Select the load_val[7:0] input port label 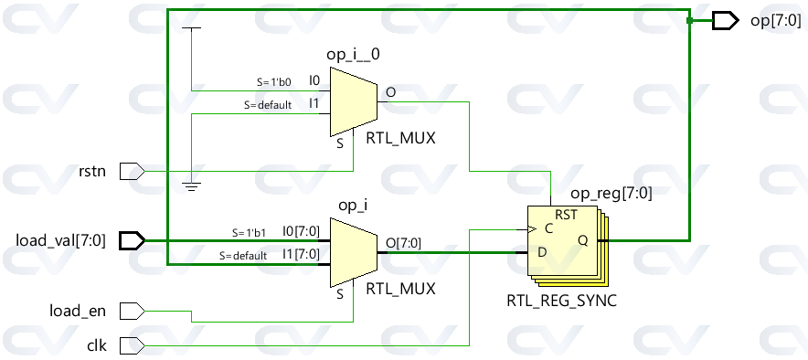click(60, 241)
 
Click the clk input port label click(96, 345)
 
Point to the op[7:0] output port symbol click(725, 20)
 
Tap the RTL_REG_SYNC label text click(561, 300)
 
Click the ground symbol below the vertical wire click(191, 185)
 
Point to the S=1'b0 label click(273, 81)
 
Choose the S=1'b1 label click(249, 232)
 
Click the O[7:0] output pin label click(402, 242)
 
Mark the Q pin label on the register click(581, 241)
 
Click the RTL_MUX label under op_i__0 click(400, 140)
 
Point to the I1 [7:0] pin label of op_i click(301, 254)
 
